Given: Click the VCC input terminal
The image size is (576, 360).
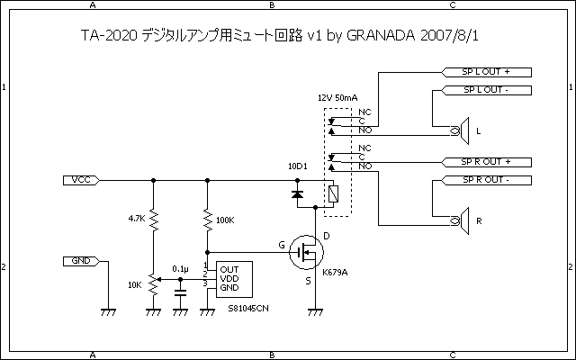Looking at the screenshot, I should [80, 179].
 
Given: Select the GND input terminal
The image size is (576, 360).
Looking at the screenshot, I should [80, 261].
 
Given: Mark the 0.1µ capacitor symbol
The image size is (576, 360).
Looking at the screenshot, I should [181, 291].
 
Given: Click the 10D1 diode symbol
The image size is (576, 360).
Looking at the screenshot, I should [297, 193].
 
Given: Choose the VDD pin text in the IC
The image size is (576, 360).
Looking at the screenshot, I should [229, 277].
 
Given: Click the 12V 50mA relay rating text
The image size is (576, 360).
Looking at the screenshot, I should [338, 96].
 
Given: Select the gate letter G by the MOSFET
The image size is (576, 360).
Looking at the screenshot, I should [282, 244].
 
